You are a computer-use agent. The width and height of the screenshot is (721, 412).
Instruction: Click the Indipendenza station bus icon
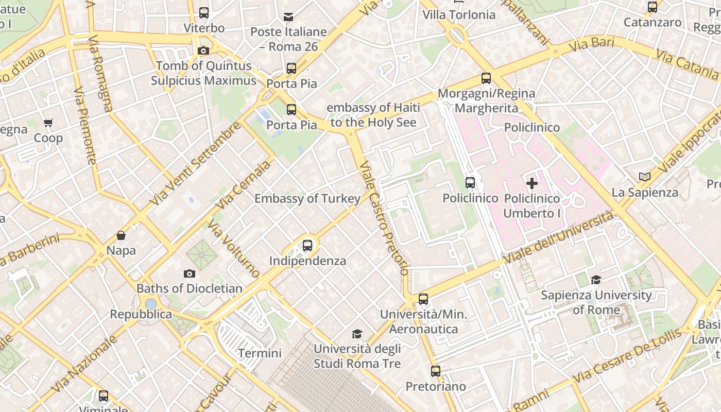pyautogui.click(x=307, y=246)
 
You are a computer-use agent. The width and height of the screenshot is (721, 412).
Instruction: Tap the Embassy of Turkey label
pyautogui.click(x=307, y=199)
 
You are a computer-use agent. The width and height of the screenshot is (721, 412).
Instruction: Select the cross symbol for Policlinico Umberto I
pyautogui.click(x=532, y=183)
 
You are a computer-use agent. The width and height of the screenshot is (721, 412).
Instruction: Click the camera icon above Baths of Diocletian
pyautogui.click(x=190, y=273)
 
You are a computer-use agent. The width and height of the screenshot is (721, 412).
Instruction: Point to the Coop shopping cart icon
pyautogui.click(x=48, y=123)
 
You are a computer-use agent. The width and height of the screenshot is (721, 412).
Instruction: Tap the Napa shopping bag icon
pyautogui.click(x=121, y=236)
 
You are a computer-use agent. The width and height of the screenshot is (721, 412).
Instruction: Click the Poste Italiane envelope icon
pyautogui.click(x=288, y=18)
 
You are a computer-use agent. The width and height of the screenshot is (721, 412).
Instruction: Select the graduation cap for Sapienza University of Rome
pyautogui.click(x=596, y=280)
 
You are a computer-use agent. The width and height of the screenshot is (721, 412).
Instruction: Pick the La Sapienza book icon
pyautogui.click(x=644, y=177)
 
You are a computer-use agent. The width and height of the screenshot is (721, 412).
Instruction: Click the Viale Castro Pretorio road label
pyautogui.click(x=384, y=219)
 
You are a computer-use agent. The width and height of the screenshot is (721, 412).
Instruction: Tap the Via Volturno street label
pyautogui.click(x=234, y=248)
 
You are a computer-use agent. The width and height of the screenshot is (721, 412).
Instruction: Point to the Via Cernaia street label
pyautogui.click(x=243, y=185)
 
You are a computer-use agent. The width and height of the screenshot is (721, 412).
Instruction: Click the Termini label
pyautogui.click(x=260, y=353)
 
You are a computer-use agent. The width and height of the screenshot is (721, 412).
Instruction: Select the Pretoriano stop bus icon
pyautogui.click(x=436, y=371)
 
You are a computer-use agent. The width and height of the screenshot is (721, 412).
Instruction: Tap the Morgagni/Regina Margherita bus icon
pyautogui.click(x=486, y=79)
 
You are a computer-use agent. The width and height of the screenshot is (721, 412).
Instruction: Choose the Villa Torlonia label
pyautogui.click(x=459, y=15)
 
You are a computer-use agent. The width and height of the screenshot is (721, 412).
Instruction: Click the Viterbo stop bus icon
pyautogui.click(x=204, y=13)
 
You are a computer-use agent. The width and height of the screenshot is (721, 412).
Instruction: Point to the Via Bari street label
pyautogui.click(x=592, y=44)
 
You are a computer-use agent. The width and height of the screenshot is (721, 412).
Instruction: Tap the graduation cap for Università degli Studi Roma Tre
pyautogui.click(x=357, y=334)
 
